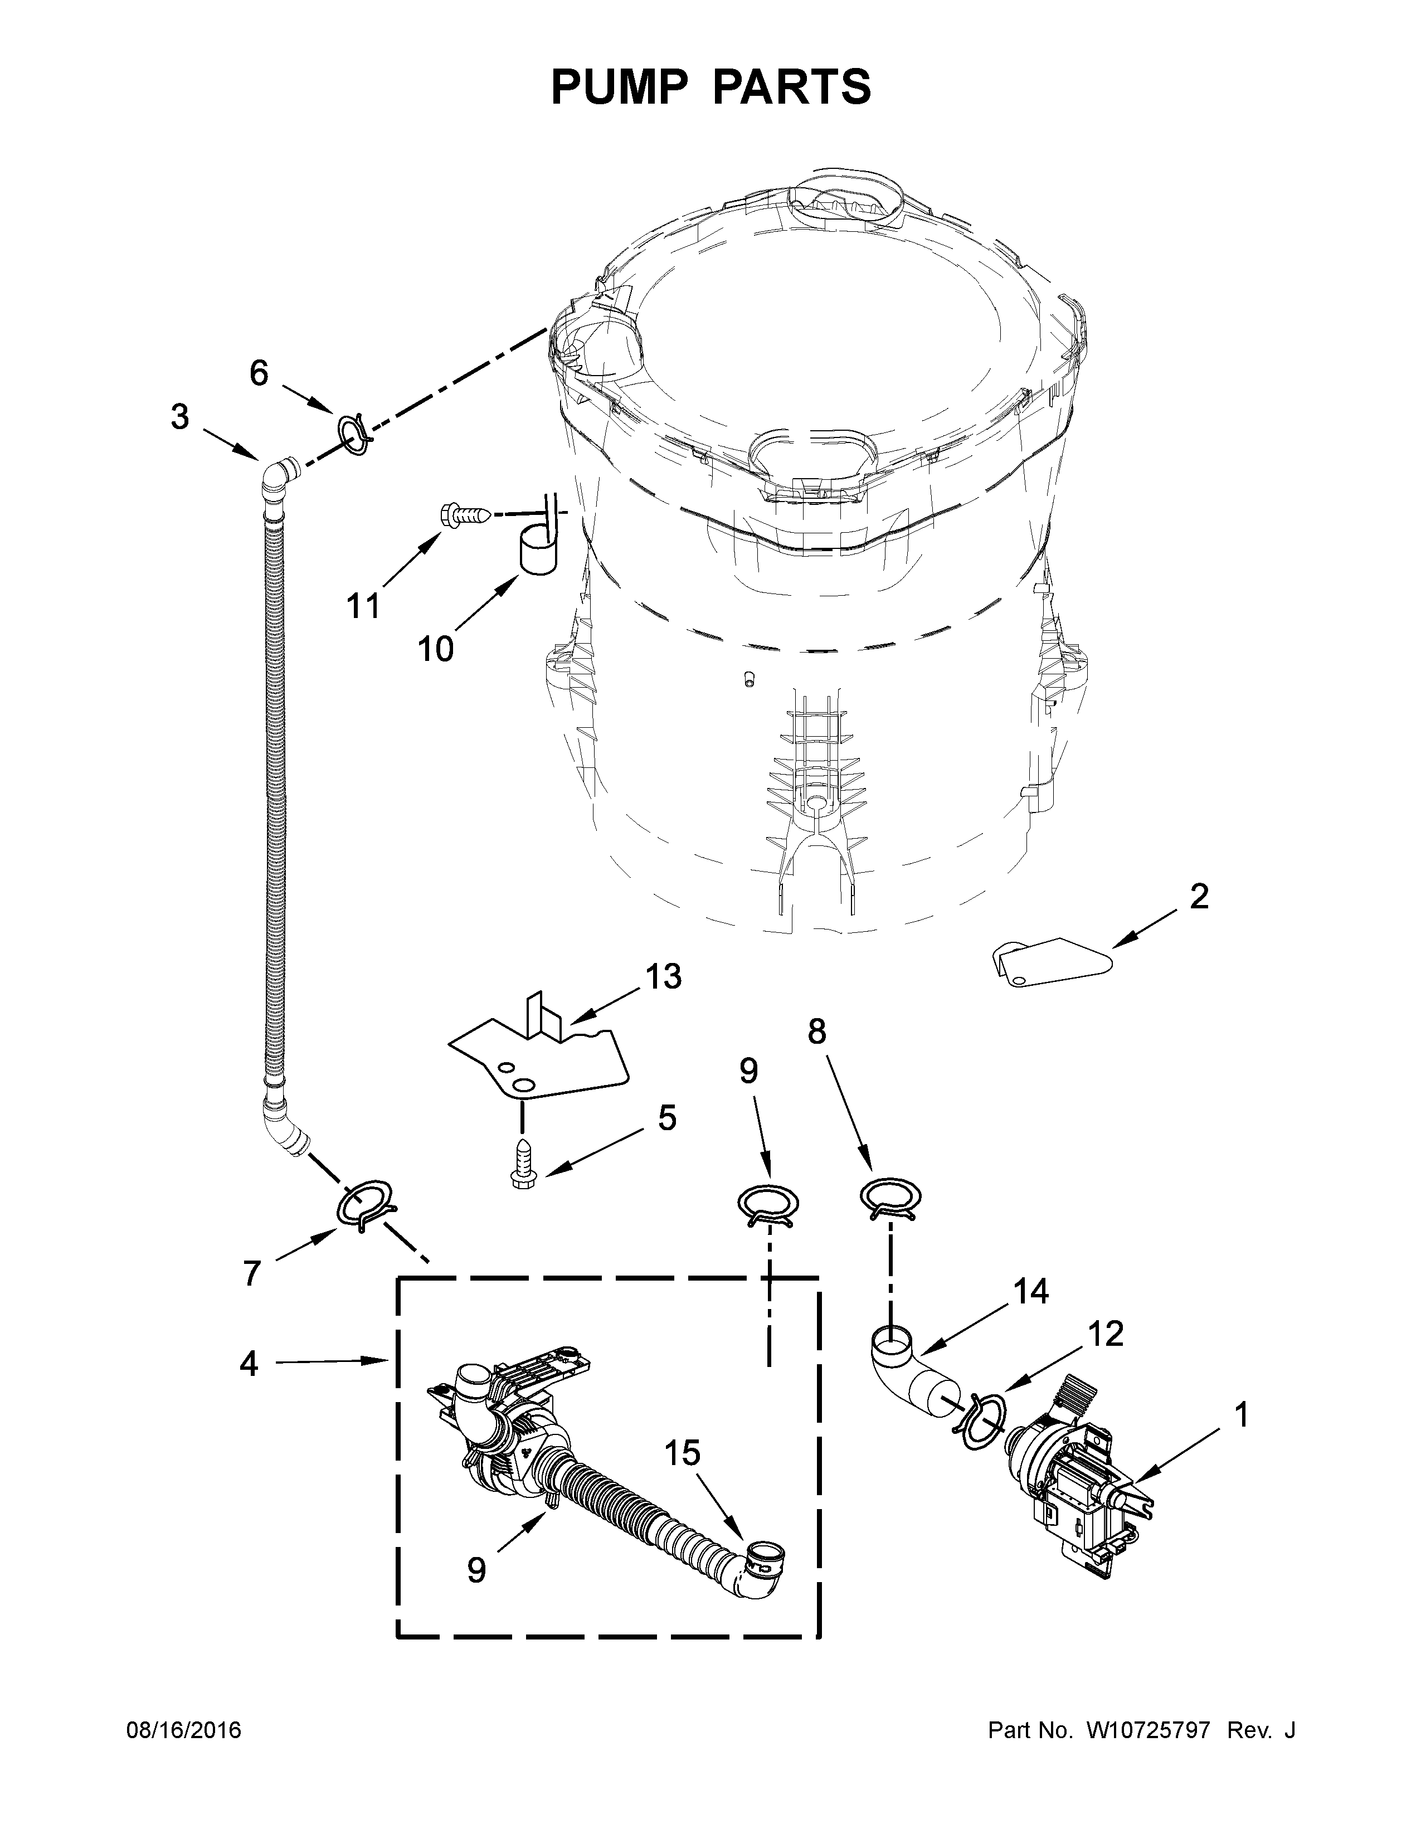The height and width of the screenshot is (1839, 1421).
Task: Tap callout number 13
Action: (663, 977)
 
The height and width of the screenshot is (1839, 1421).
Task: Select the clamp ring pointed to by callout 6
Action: (353, 432)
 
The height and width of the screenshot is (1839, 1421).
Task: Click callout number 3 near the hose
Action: (179, 417)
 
